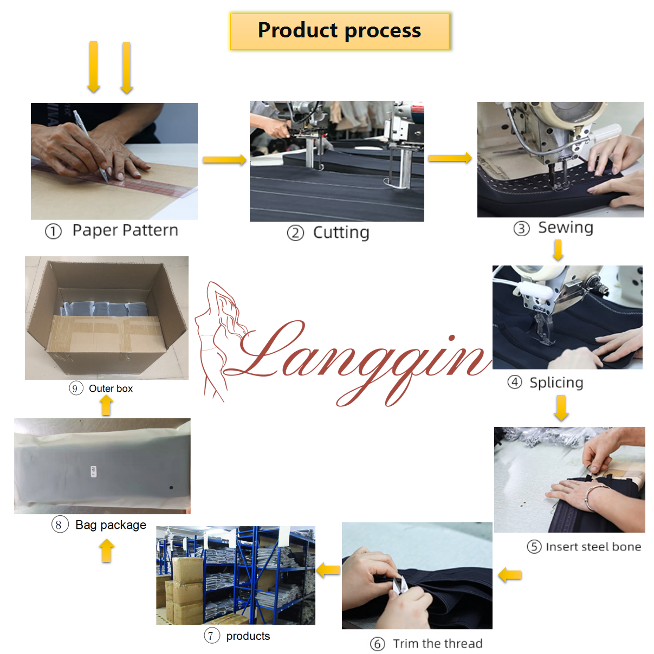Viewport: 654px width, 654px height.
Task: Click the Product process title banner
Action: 339,31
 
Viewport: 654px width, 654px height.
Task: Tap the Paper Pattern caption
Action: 125,230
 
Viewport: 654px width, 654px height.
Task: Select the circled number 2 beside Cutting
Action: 295,234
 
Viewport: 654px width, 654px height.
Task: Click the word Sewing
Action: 566,228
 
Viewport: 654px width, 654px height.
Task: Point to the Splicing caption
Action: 556,383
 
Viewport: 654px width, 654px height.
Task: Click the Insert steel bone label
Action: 593,547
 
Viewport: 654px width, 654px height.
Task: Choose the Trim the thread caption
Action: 437,644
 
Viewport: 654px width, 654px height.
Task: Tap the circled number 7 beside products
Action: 211,636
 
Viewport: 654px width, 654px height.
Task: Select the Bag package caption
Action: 111,525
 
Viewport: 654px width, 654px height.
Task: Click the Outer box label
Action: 111,388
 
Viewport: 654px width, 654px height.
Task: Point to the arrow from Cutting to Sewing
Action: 450,158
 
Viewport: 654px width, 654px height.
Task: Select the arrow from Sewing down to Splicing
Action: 558,250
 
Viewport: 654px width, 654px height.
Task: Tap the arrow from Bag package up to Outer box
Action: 106,406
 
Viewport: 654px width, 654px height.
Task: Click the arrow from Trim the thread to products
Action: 328,570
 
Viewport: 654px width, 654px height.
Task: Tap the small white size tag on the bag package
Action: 94,471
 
